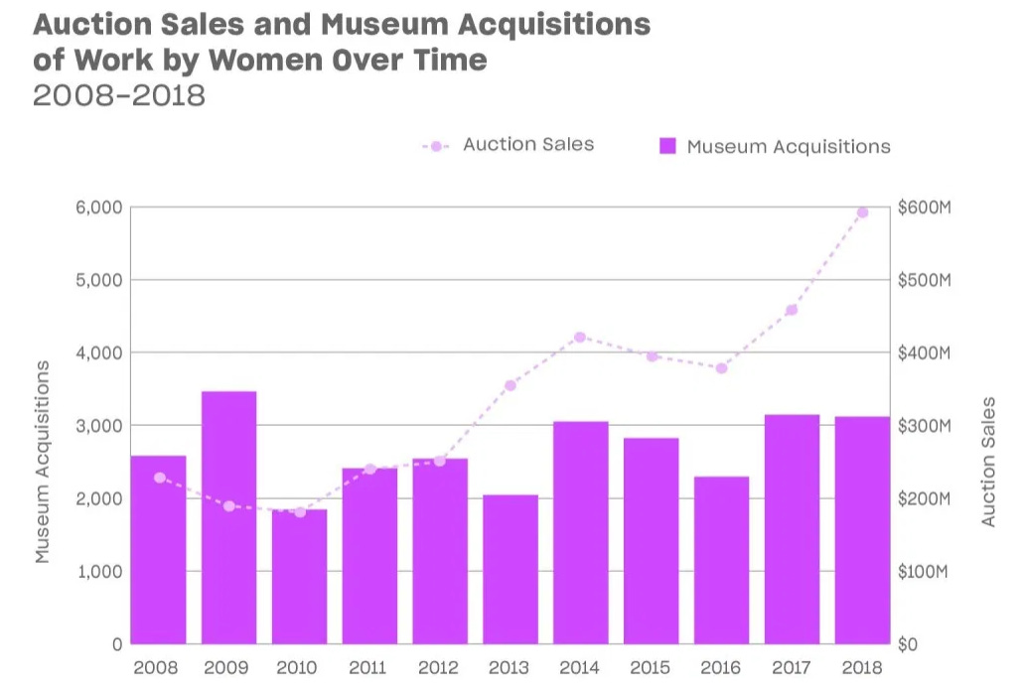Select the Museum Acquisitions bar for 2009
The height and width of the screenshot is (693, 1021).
[x=228, y=517]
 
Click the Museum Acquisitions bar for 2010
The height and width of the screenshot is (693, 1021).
[x=299, y=577]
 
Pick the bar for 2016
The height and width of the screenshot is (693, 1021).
[x=721, y=560]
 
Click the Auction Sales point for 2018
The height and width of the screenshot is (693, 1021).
[x=862, y=212]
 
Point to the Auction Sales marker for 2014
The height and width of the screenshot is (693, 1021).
[x=580, y=338]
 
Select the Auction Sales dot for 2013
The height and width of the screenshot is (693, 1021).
[x=510, y=385]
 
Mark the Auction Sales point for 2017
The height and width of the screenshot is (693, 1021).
[x=792, y=310]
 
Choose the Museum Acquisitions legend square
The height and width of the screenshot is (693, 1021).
[x=668, y=147]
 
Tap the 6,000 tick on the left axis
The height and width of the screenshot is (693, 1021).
[x=98, y=208]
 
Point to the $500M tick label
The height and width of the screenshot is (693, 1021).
[x=924, y=280]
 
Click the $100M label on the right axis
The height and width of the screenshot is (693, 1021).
[x=924, y=572]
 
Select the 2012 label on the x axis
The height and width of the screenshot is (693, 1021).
[x=439, y=668]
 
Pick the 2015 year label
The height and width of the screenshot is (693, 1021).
[x=651, y=668]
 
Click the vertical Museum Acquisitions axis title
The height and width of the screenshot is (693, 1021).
[x=43, y=462]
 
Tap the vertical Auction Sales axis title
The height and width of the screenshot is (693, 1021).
[x=988, y=462]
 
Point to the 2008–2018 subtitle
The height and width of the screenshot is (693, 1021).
[x=119, y=95]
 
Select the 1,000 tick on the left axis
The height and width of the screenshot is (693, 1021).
[x=98, y=572]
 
